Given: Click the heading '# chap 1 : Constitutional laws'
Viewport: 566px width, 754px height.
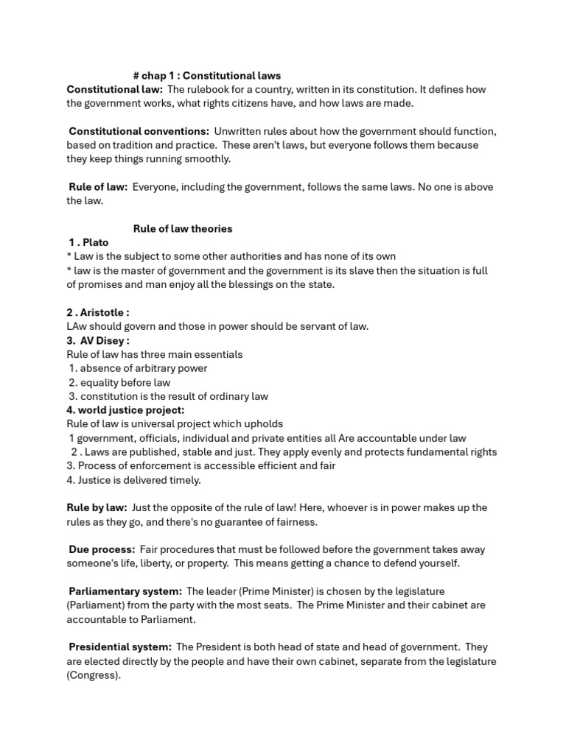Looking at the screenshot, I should [206, 76].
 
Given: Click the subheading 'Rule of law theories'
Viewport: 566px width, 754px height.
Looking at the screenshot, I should [183, 229].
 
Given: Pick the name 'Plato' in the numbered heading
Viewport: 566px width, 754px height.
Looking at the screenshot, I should [96, 243].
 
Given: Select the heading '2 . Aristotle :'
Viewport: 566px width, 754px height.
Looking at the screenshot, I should [98, 313].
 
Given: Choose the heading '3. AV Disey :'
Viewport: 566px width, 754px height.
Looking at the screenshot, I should [98, 341].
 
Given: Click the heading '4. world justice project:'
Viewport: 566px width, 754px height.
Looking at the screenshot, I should [125, 410].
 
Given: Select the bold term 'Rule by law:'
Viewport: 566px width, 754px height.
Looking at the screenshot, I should [97, 508].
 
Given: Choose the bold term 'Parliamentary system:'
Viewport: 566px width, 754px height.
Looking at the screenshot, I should [125, 592].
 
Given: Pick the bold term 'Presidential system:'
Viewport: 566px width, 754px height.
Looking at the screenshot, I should [120, 647].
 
